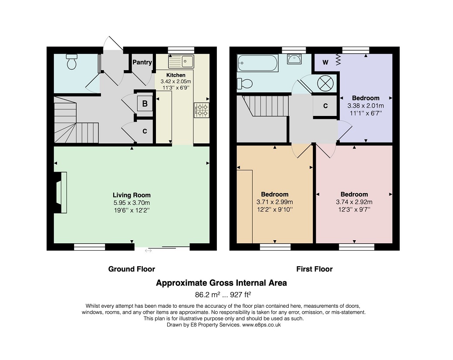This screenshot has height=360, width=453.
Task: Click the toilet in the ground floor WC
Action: (x=71, y=61)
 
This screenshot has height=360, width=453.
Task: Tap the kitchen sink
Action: (x=181, y=61)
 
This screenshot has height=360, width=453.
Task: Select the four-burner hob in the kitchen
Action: (x=202, y=110)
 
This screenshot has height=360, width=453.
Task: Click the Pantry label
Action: (x=142, y=62)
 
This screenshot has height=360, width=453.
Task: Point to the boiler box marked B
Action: (x=145, y=104)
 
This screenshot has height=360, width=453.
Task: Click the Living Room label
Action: (x=132, y=195)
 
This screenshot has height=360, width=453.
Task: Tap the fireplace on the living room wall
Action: (x=61, y=193)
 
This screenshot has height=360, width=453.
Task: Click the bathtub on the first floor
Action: (x=257, y=63)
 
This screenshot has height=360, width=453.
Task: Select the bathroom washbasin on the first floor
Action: (x=294, y=59)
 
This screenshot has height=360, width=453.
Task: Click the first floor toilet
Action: (x=245, y=84)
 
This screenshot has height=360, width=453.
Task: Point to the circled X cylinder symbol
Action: (x=325, y=83)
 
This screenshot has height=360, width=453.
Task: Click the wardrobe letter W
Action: (x=325, y=62)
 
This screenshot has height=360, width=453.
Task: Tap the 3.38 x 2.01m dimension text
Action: (x=366, y=106)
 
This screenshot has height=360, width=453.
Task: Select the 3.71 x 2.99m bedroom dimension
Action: (x=275, y=202)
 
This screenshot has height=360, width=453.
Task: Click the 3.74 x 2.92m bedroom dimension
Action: (x=354, y=202)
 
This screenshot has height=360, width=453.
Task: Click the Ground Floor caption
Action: (x=132, y=269)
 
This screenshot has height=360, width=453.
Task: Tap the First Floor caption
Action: (x=314, y=269)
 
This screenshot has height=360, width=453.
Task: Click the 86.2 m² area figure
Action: (x=208, y=295)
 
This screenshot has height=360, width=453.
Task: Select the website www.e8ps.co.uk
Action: (x=261, y=325)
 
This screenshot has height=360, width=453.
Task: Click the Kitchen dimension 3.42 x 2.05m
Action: (x=176, y=82)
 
